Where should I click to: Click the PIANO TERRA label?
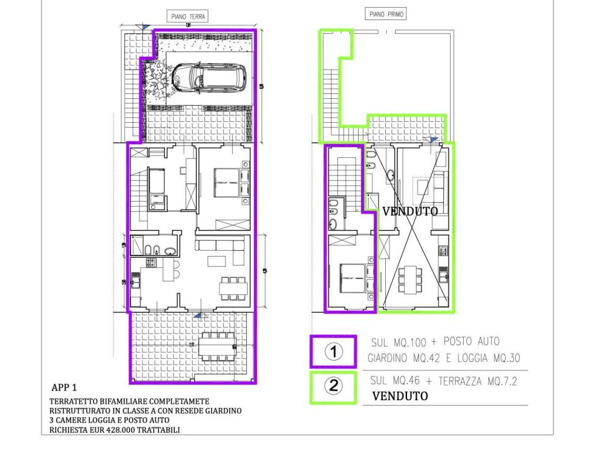tap(188, 17)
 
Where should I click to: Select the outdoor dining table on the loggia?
tap(217, 346)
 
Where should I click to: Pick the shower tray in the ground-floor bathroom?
tap(137, 244)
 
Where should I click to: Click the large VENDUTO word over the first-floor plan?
tap(409, 211)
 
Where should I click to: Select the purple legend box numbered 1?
tap(333, 352)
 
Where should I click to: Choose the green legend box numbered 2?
tap(333, 387)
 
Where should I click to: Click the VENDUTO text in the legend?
tap(400, 396)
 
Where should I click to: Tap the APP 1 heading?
tap(64, 388)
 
